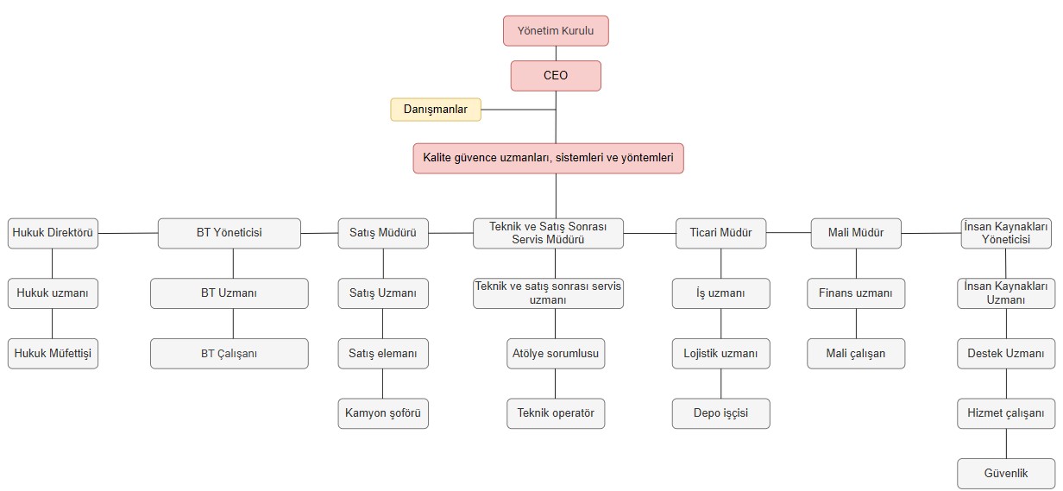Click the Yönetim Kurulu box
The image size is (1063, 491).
pyautogui.click(x=556, y=31)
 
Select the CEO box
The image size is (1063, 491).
pyautogui.click(x=556, y=75)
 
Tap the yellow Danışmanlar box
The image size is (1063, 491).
pyautogui.click(x=436, y=110)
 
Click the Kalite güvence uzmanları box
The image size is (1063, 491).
pyautogui.click(x=548, y=158)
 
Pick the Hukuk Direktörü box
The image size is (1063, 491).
pyautogui.click(x=53, y=233)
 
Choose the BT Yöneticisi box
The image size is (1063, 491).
pyautogui.click(x=230, y=233)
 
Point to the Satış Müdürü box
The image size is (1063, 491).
pyautogui.click(x=383, y=233)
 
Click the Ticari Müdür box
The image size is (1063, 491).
pyautogui.click(x=720, y=233)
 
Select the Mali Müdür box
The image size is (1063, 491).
pyautogui.click(x=856, y=233)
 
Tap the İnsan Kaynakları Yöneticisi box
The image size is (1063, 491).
pyautogui.click(x=1006, y=233)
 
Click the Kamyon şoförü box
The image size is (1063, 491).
pyautogui.click(x=383, y=413)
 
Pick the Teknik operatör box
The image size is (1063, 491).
pyautogui.click(x=556, y=413)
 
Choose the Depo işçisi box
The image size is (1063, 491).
pyautogui.click(x=720, y=413)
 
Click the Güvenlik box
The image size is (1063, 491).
pyautogui.click(x=1006, y=474)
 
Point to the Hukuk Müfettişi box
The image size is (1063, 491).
pyautogui.click(x=53, y=354)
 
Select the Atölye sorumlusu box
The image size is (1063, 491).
pyautogui.click(x=556, y=354)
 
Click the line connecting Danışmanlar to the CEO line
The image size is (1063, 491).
pyautogui.click(x=519, y=110)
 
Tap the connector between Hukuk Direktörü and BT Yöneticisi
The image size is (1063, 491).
pyautogui.click(x=128, y=233)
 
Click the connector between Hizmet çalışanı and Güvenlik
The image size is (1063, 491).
pyautogui.click(x=1007, y=444)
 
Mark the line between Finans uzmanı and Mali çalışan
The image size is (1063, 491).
pyautogui.click(x=856, y=324)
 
